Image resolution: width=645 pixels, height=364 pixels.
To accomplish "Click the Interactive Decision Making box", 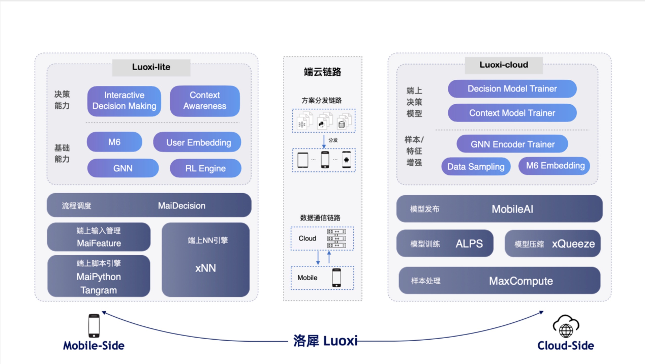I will [x=124, y=101].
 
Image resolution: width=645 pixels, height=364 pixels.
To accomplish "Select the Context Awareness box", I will [x=205, y=101].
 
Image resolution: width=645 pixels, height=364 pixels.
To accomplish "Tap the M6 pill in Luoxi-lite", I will [x=114, y=142].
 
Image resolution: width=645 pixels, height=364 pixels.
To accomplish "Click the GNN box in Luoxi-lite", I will [x=123, y=168].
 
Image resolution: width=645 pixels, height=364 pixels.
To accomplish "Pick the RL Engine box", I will [x=205, y=168].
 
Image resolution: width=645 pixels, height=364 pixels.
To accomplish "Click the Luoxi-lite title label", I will [x=151, y=67].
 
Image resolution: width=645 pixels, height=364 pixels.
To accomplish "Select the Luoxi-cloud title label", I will [x=504, y=65].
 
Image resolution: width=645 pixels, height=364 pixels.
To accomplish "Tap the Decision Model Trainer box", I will [x=512, y=89].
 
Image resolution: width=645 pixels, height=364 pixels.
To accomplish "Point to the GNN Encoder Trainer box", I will [x=512, y=144].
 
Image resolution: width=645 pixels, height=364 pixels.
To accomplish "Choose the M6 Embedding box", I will [x=555, y=166].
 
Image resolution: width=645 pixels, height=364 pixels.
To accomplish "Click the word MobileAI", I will [x=512, y=209].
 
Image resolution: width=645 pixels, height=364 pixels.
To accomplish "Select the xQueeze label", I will [x=573, y=244].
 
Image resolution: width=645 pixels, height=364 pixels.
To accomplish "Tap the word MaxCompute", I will [x=521, y=281].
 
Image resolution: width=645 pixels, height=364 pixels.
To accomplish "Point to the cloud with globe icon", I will [x=566, y=326].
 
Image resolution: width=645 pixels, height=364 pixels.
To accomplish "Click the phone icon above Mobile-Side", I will [x=94, y=326].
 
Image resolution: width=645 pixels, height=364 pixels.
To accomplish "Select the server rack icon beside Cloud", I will [x=336, y=238].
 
